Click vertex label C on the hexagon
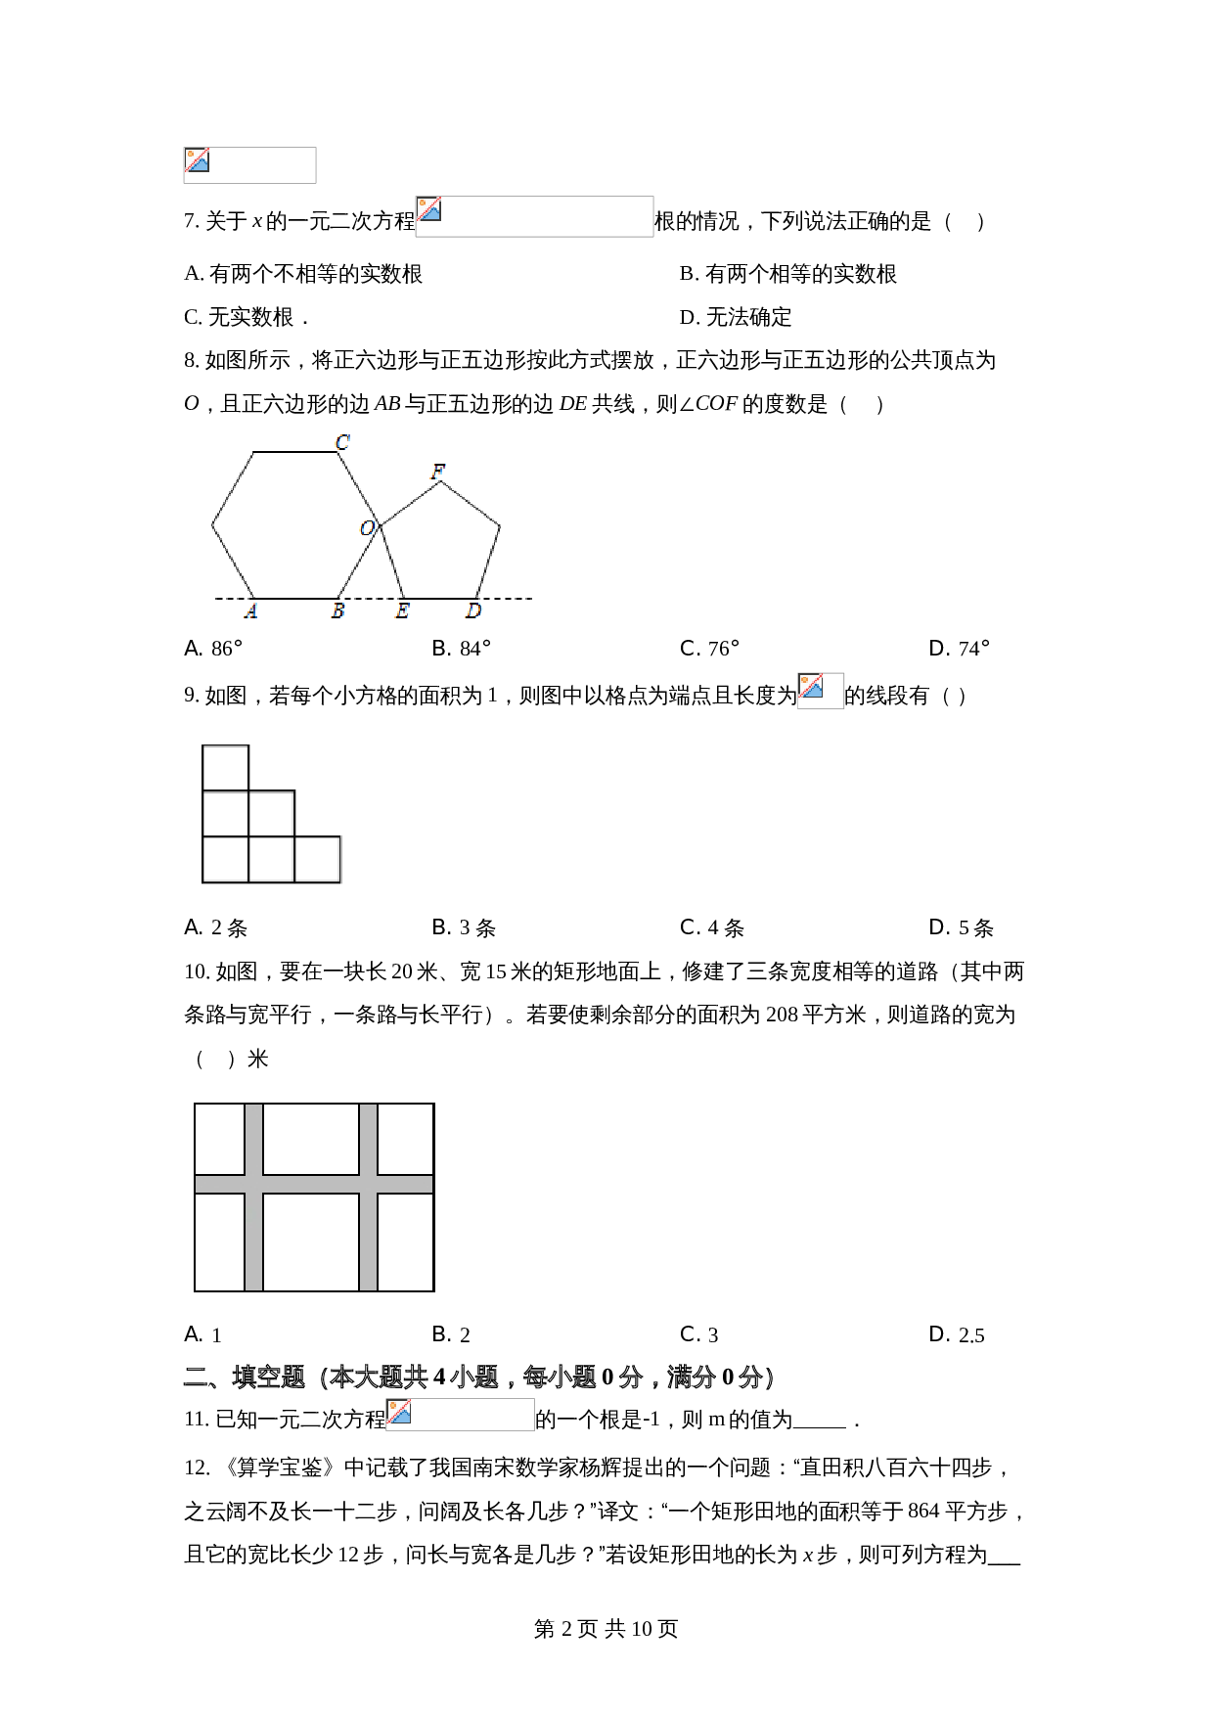[342, 442]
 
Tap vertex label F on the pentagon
[438, 472]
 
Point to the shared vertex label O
[367, 528]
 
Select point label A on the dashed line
[250, 611]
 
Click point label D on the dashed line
[473, 611]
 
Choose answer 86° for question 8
[214, 649]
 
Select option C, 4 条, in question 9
[713, 927]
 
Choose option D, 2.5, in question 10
[959, 1335]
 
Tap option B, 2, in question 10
[452, 1335]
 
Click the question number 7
[191, 221]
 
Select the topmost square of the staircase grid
[225, 768]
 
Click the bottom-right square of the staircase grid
[317, 859]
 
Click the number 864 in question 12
[923, 1511]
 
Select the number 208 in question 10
[782, 1015]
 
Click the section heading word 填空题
[269, 1377]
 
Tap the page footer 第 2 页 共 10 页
[606, 1629]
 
